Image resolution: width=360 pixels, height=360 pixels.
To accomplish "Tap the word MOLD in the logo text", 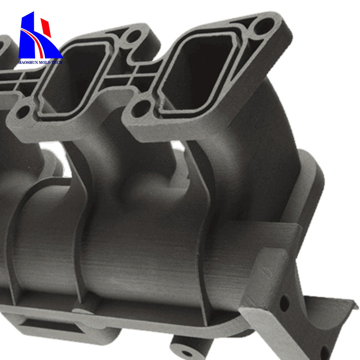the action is coord(44,63).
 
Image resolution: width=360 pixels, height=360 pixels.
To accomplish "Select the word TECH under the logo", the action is coord(57,63).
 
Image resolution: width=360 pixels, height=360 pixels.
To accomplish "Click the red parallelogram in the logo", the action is coord(46,27).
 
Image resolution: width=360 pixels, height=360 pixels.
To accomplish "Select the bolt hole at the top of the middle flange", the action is coord(134,36).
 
